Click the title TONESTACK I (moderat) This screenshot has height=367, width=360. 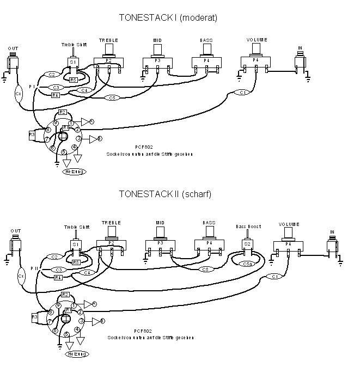point(168,17)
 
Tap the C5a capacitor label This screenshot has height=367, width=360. point(247,264)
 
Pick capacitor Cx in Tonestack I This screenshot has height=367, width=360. point(19,94)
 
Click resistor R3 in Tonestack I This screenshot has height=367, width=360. point(32,134)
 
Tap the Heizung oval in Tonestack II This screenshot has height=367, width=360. point(76,353)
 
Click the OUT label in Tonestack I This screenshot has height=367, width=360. point(13,48)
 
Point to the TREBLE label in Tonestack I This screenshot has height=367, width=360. point(108,40)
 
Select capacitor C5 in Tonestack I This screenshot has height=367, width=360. point(112,98)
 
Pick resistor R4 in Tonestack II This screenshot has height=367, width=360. point(58,277)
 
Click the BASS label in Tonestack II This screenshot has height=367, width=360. point(209,223)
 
